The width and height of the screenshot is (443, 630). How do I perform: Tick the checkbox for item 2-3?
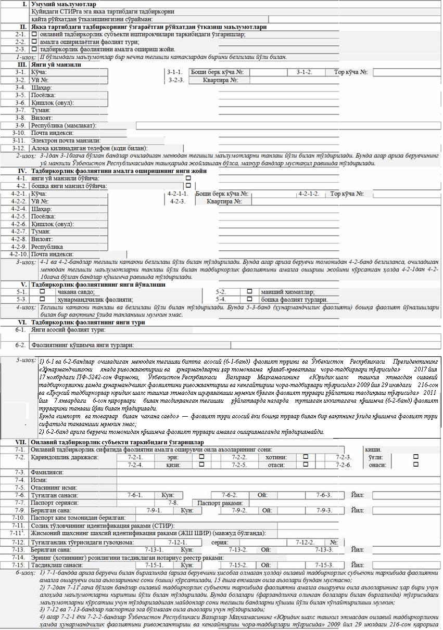coord(34,49)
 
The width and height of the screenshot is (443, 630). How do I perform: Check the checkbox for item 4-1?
coord(188,178)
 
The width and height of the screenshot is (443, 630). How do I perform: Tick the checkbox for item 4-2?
coord(188,185)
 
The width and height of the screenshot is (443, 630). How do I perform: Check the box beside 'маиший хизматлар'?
coord(249,292)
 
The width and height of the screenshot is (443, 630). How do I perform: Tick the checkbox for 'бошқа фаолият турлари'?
coord(249,299)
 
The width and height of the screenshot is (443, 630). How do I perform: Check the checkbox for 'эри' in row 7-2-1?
coord(201,457)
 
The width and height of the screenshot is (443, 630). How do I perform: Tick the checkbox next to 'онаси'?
coord(415,465)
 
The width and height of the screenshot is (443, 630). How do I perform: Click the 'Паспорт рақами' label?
coord(220,503)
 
